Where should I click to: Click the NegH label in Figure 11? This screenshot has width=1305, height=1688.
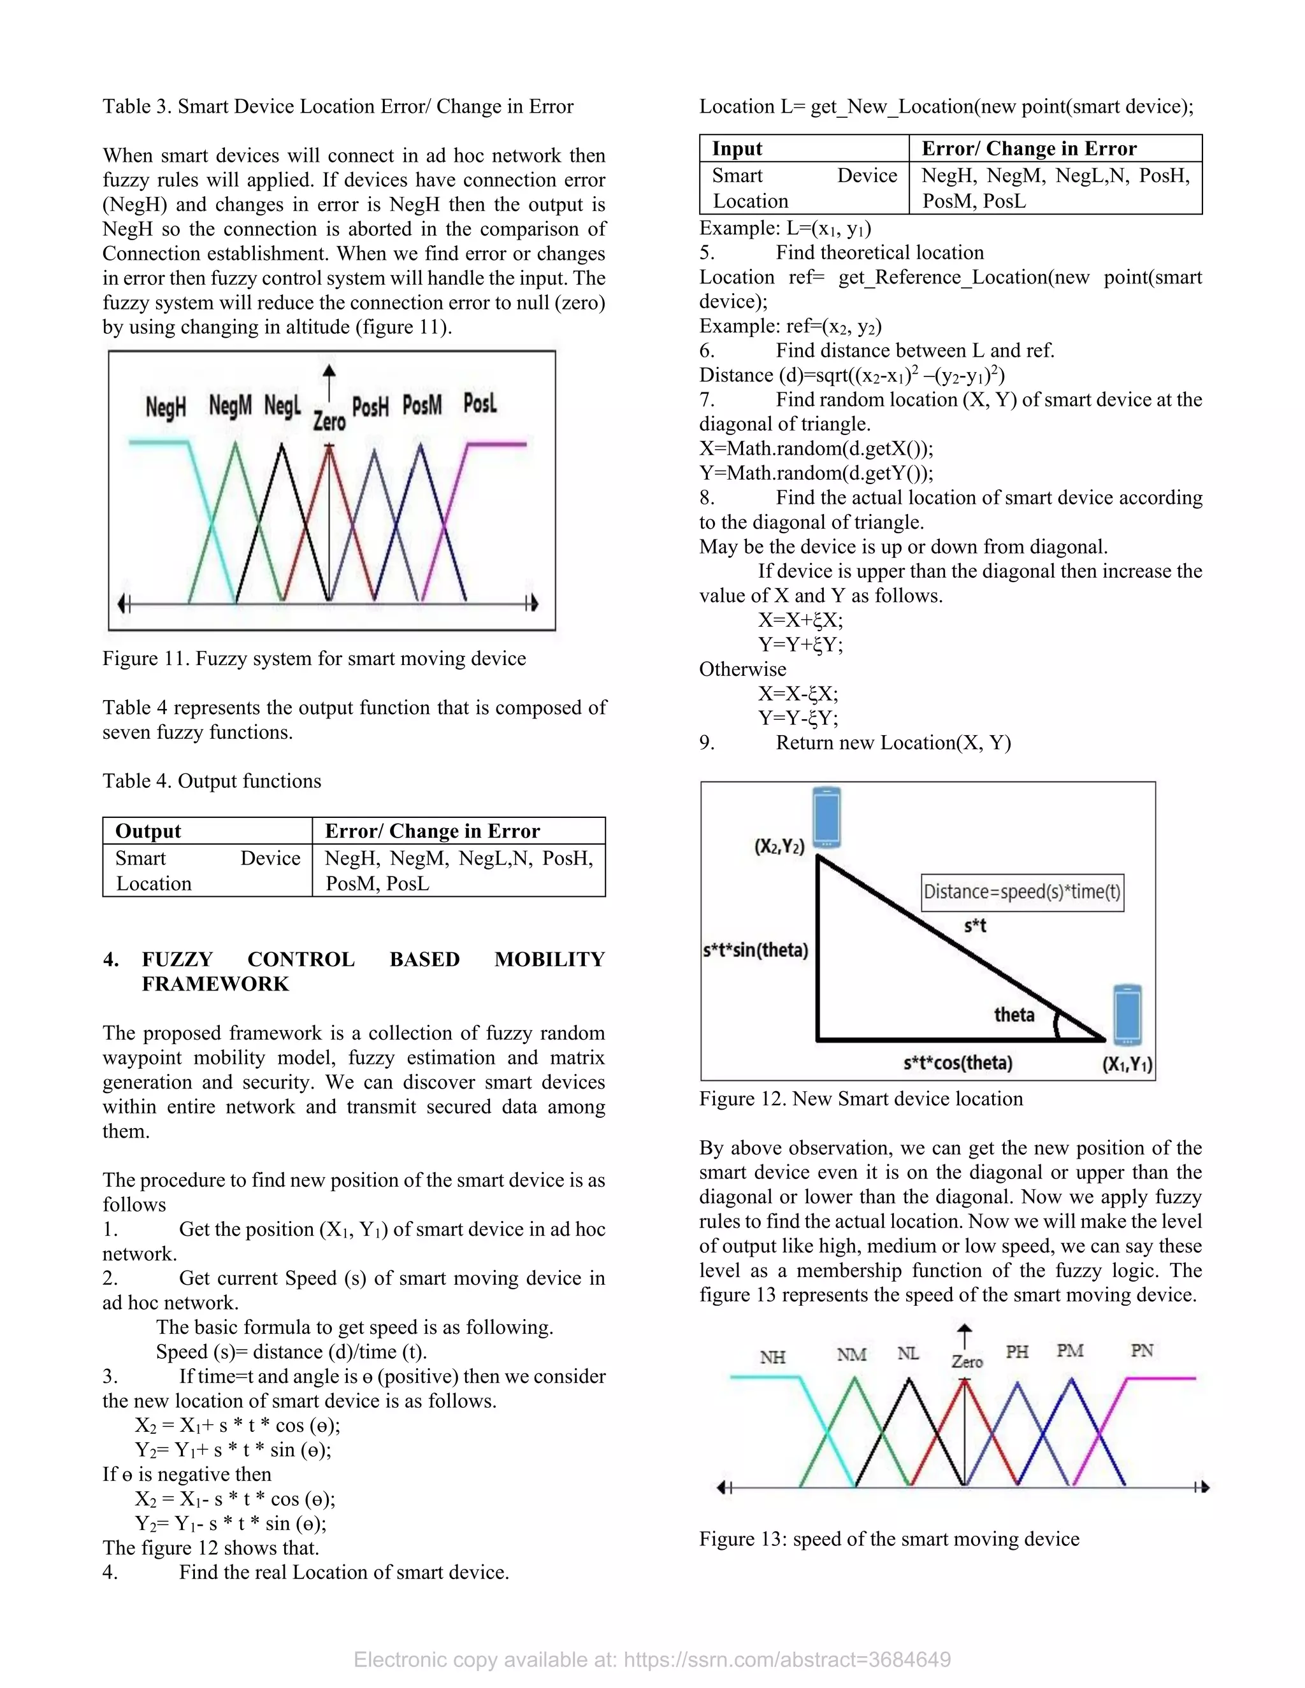[x=166, y=406]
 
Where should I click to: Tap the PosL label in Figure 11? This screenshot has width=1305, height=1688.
[x=479, y=403]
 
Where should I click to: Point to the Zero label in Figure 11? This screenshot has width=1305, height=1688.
[x=329, y=421]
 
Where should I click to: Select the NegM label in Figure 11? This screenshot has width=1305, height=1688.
[x=231, y=405]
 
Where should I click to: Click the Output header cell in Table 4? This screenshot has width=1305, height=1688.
[x=148, y=831]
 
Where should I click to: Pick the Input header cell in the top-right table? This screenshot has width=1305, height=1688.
[x=737, y=148]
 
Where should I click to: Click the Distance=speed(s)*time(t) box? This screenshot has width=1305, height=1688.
[x=1022, y=892]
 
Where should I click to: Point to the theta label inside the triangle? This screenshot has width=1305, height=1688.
[x=1014, y=1014]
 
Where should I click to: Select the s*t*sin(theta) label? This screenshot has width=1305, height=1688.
[x=755, y=950]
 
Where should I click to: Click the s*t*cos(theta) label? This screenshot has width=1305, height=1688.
[x=958, y=1062]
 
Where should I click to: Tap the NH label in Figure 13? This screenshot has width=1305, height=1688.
[x=772, y=1357]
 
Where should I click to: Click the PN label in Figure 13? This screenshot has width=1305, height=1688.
[x=1142, y=1350]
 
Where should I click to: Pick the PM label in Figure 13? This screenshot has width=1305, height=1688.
[x=1070, y=1350]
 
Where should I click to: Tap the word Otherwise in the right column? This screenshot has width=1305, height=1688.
[x=742, y=669]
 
